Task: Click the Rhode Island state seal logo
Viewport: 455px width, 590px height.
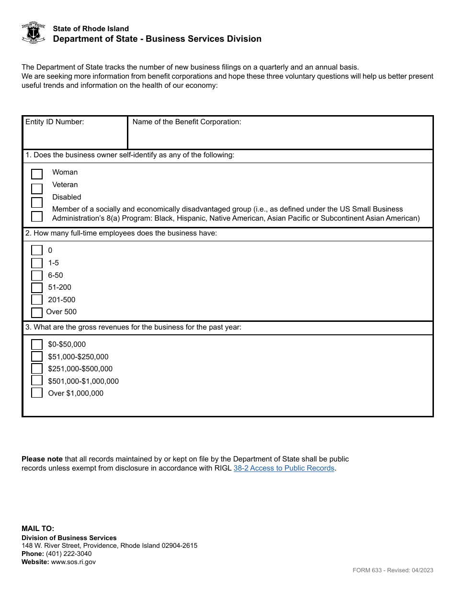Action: pos(34,33)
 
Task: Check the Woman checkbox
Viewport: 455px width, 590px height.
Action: pos(37,174)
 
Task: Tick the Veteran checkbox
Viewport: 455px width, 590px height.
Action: pos(37,189)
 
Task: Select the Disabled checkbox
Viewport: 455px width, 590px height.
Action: pos(37,202)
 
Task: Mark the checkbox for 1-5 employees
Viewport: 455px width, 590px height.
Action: pos(37,263)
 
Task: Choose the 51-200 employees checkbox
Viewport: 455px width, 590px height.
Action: pos(37,288)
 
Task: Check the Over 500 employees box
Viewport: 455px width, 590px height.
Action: pos(37,313)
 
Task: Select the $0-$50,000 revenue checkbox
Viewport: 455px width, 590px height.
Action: pos(37,344)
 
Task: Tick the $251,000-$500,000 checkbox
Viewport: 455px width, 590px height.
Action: pos(37,368)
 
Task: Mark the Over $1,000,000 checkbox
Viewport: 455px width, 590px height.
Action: pos(37,393)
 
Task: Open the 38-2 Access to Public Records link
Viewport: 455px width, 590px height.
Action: pos(284,468)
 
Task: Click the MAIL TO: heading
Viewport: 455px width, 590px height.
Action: pos(38,529)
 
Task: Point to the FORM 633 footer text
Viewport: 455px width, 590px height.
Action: pos(393,570)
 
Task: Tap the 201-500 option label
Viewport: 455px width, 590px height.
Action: pos(62,300)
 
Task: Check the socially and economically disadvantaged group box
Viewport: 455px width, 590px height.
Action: pos(37,216)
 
